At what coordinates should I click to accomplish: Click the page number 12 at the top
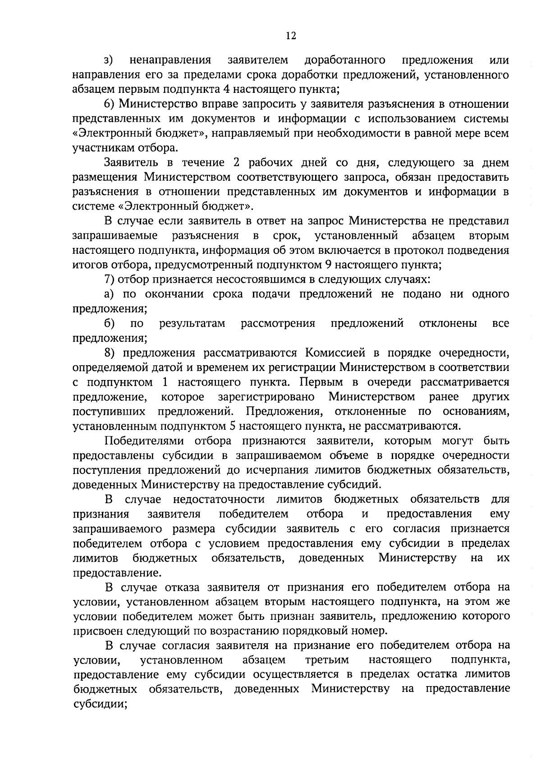coord(291,36)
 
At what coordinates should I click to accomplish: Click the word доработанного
coord(344,60)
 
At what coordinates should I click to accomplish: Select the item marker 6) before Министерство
coord(110,104)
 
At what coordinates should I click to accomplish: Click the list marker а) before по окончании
coord(109,294)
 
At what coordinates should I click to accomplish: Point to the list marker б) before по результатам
coord(109,324)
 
